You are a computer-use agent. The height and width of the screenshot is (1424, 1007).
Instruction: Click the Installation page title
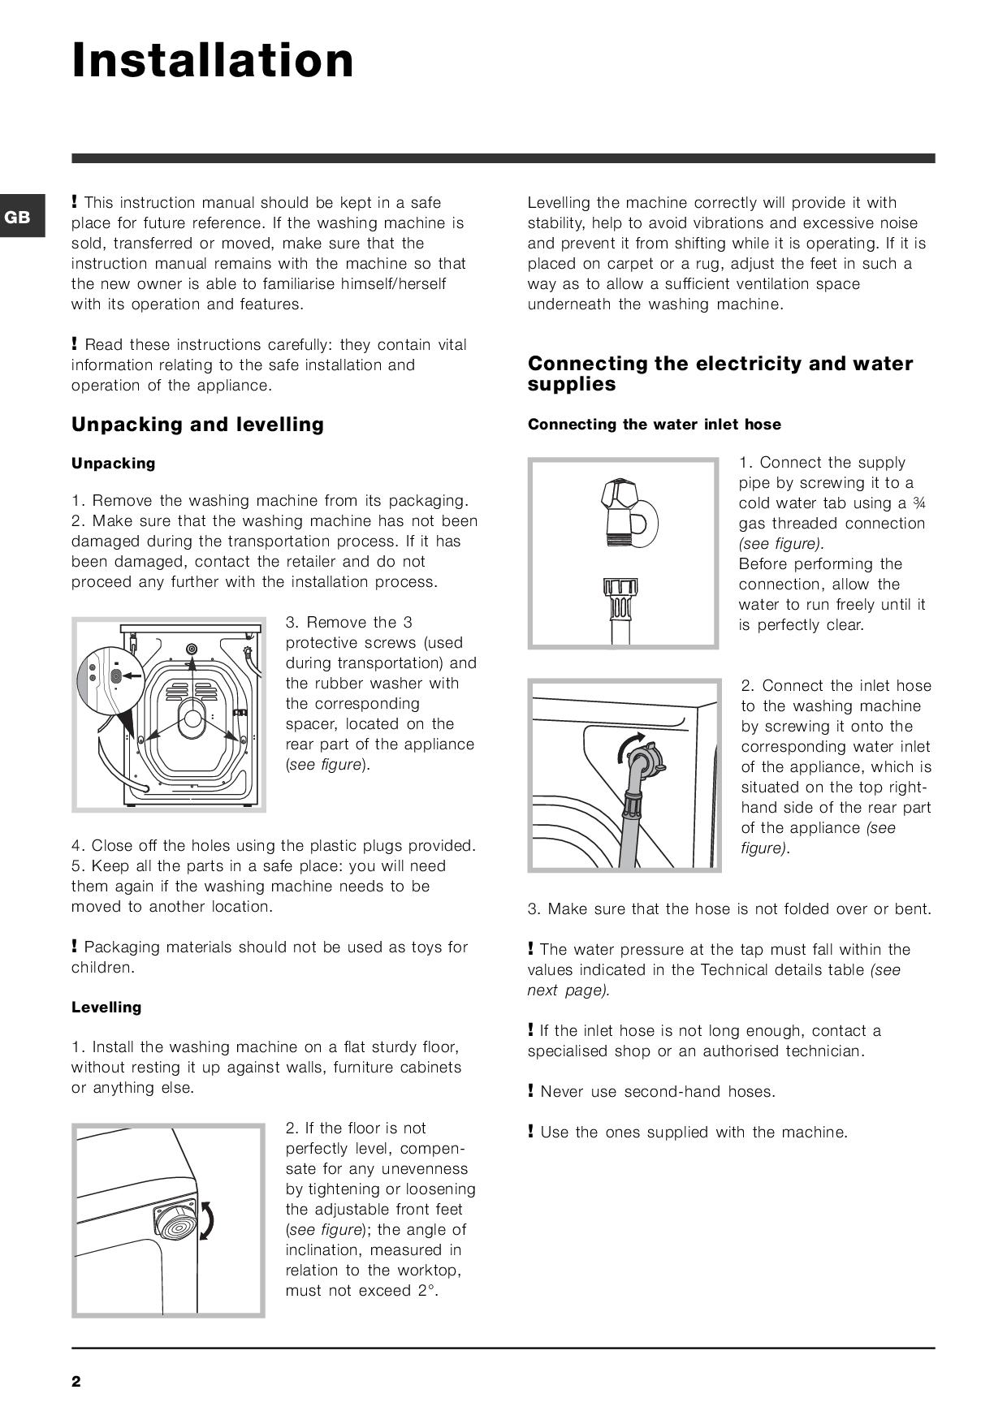(x=213, y=61)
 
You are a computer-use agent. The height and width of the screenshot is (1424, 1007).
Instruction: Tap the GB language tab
(x=18, y=217)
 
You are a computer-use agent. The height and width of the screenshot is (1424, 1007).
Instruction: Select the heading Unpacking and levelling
(x=197, y=425)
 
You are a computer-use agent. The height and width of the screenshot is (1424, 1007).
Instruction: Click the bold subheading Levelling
(x=106, y=1008)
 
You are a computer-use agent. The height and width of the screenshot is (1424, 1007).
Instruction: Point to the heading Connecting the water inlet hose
(x=654, y=425)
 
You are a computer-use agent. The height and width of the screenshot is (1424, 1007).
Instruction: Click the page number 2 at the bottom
(x=76, y=1382)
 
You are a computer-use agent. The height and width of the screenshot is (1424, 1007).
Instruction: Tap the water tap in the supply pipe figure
(x=625, y=511)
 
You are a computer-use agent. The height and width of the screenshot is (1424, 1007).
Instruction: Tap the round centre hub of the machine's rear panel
(x=192, y=718)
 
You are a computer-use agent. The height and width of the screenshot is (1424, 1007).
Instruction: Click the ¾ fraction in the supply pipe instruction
(x=919, y=503)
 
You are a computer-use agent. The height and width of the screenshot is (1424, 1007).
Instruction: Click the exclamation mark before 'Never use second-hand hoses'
(x=531, y=1091)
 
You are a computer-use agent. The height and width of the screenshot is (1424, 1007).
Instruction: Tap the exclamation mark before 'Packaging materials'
(x=75, y=947)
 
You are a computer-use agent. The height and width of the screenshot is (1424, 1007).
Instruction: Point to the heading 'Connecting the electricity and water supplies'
(x=720, y=373)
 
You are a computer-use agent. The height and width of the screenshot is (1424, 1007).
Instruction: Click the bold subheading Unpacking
(x=113, y=464)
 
